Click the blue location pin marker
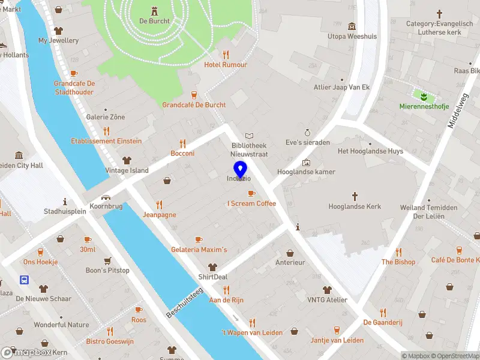pyautogui.click(x=239, y=169)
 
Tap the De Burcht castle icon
pyautogui.click(x=154, y=10)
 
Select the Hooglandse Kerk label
pyautogui.click(x=355, y=207)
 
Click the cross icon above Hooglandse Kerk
pyautogui.click(x=355, y=196)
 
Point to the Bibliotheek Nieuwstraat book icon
pyautogui.click(x=249, y=136)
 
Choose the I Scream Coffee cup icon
pyautogui.click(x=251, y=193)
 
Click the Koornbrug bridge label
pyautogui.click(x=106, y=206)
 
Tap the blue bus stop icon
pyautogui.click(x=24, y=280)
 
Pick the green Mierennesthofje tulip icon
pyautogui.click(x=424, y=96)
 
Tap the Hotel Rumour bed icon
pyautogui.click(x=226, y=54)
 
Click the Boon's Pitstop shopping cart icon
pyautogui.click(x=107, y=260)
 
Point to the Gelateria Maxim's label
pyautogui.click(x=199, y=250)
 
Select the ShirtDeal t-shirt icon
pyautogui.click(x=212, y=267)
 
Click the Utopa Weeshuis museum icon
pyautogui.click(x=352, y=26)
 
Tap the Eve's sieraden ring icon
pyautogui.click(x=307, y=132)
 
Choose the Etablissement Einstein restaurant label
pyautogui.click(x=106, y=141)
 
